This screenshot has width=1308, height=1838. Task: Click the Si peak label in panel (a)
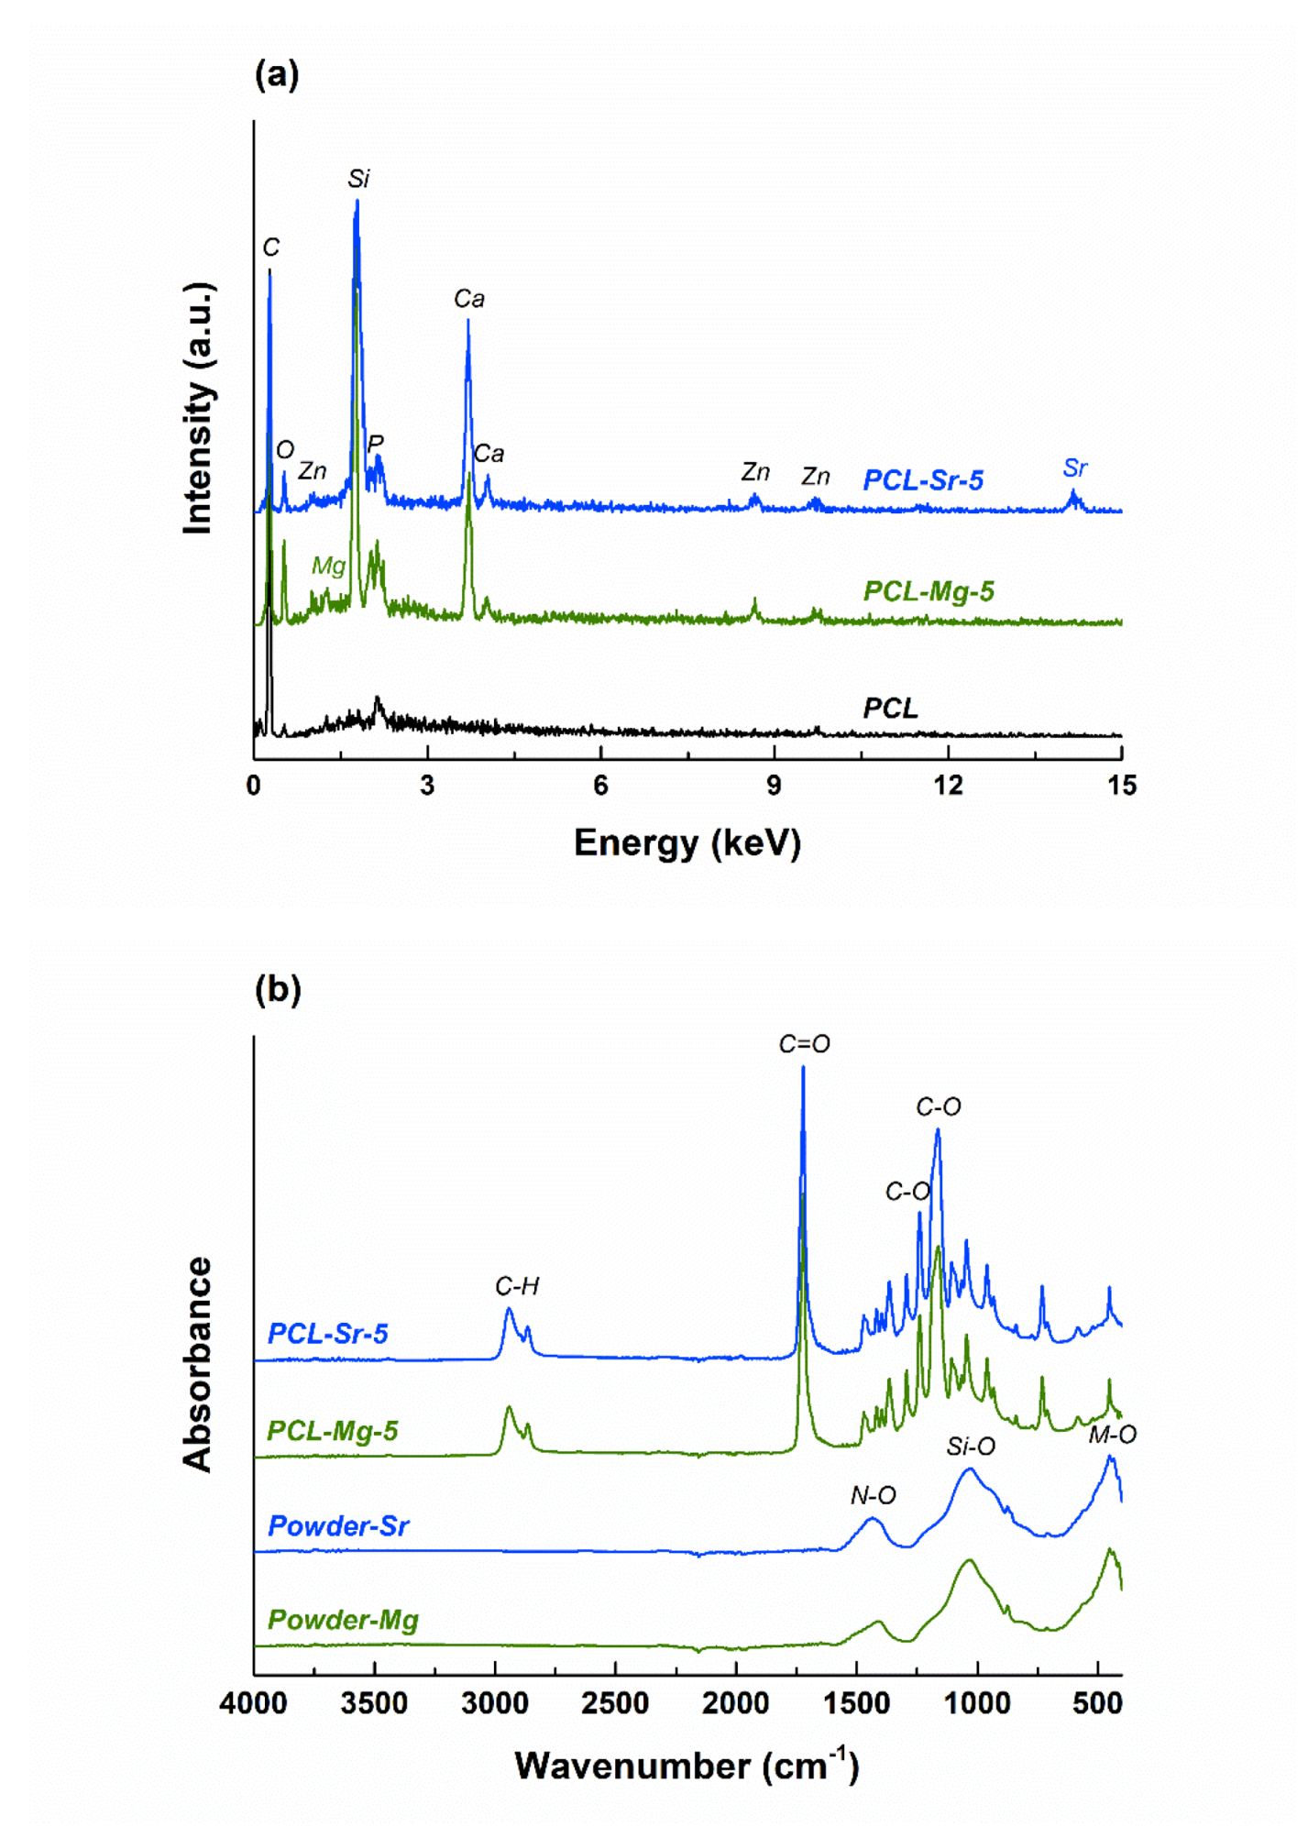click(358, 178)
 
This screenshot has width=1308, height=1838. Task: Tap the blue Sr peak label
click(1074, 468)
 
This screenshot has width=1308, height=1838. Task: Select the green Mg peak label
click(328, 566)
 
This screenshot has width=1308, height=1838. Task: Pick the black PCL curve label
click(889, 708)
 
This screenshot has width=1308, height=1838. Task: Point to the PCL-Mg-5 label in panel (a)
click(928, 591)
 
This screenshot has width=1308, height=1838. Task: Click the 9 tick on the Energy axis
click(775, 785)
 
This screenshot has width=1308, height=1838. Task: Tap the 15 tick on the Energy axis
click(1121, 785)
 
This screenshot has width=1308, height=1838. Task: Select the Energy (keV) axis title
click(687, 842)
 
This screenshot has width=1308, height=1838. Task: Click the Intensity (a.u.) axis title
click(198, 408)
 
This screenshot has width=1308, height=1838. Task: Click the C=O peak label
click(804, 1043)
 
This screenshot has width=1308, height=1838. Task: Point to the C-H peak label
click(517, 1286)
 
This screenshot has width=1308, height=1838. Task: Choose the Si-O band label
click(971, 1446)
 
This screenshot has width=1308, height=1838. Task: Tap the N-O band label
click(873, 1495)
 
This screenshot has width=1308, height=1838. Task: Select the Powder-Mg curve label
click(343, 1620)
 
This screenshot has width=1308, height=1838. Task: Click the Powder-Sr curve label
click(338, 1525)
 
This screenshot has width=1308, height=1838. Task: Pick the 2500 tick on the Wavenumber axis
click(615, 1703)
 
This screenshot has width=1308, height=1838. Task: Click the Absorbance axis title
click(198, 1364)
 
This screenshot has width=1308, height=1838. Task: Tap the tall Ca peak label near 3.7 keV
click(468, 298)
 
